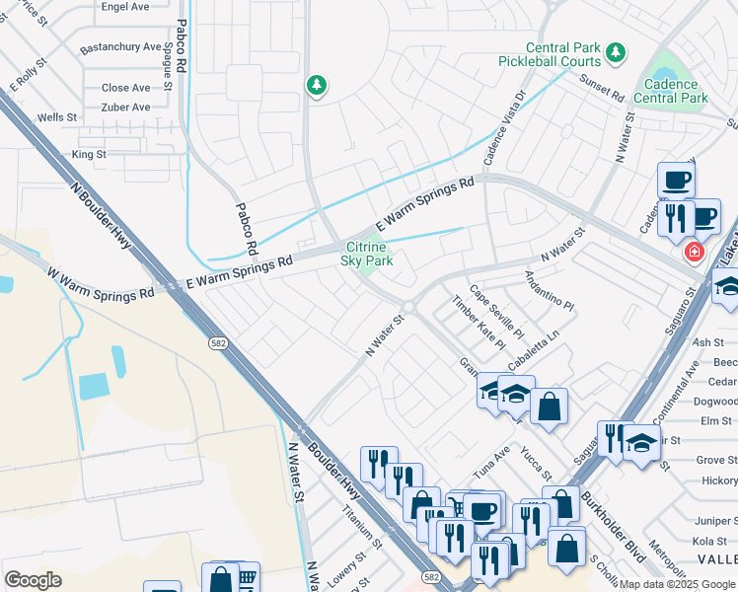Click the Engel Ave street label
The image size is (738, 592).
(x=125, y=6)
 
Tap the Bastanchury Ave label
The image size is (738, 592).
(x=120, y=46)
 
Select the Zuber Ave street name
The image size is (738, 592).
(x=125, y=107)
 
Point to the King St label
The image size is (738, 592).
(x=89, y=154)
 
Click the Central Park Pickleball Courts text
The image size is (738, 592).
(x=562, y=54)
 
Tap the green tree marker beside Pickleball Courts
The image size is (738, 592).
(x=617, y=51)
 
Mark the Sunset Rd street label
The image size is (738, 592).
(x=603, y=91)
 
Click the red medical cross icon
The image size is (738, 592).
(x=694, y=253)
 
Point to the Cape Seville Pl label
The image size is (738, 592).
(x=496, y=311)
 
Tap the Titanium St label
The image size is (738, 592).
(x=362, y=528)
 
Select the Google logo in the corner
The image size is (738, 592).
(x=33, y=580)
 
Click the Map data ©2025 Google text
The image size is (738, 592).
(x=678, y=584)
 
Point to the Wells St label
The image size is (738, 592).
(x=57, y=117)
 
